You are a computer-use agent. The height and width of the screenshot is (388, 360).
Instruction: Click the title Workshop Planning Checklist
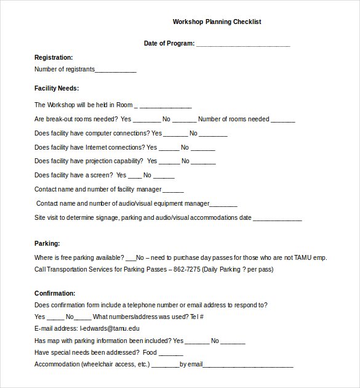coord(217,22)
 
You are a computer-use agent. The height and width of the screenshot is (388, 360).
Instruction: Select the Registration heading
coord(54,57)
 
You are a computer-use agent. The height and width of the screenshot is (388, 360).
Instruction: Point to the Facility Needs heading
coord(57,88)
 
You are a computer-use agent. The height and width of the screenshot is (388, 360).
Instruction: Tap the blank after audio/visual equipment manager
coord(224,204)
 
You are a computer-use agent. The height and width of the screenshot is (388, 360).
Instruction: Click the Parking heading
coord(47,244)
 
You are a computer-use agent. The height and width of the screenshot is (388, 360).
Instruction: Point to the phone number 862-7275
coord(188,269)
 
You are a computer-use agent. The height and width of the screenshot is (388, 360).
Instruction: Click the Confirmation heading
coord(55,293)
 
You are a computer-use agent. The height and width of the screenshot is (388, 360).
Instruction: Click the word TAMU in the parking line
coord(307,257)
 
